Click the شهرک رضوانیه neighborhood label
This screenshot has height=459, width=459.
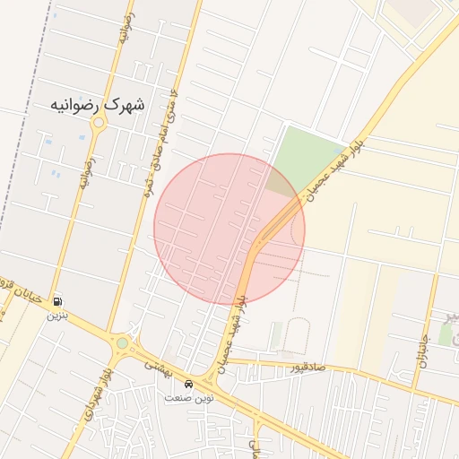point(98,106)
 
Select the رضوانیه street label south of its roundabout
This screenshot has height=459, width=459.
point(88,174)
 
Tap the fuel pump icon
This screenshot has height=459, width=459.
point(58,302)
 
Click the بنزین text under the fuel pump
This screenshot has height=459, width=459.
point(57,315)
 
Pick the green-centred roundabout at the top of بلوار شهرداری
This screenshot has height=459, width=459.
point(122,342)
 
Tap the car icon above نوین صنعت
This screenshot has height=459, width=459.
point(187,385)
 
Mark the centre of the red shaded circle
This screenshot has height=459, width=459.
point(229,229)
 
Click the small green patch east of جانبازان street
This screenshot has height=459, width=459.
point(446,333)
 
